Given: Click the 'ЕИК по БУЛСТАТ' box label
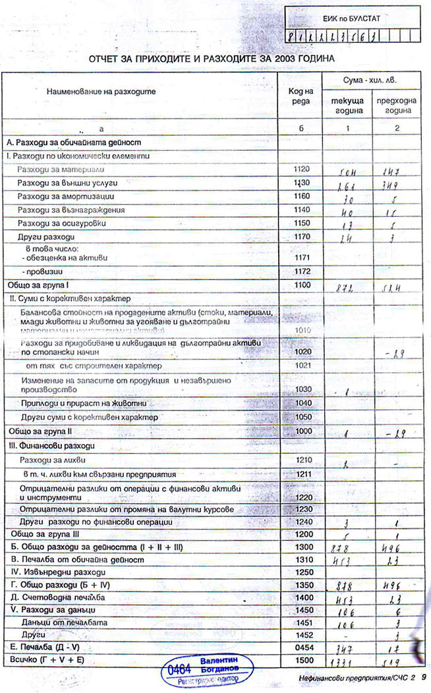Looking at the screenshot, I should [351, 19].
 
